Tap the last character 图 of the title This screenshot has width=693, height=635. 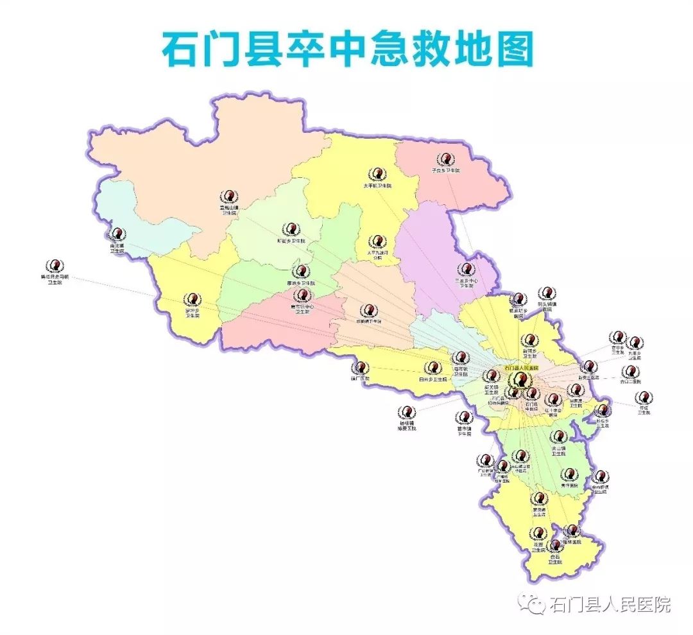(x=513, y=48)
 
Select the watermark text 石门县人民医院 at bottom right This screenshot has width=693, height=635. (x=611, y=604)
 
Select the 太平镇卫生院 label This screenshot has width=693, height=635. (x=377, y=186)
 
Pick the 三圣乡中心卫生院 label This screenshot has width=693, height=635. (x=466, y=284)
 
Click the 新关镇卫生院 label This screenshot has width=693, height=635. (x=492, y=390)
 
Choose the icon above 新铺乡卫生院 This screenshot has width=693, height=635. (x=529, y=340)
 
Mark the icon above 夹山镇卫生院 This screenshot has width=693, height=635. (x=559, y=437)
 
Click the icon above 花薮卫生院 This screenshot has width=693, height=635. (x=538, y=533)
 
